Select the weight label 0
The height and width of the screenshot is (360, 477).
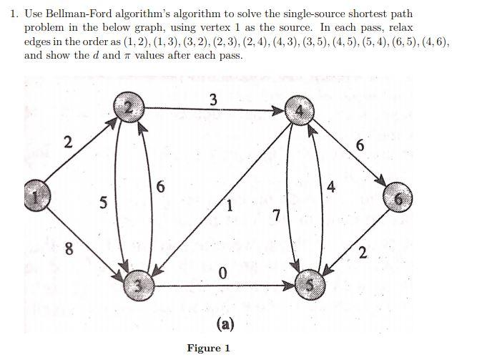tap(222, 273)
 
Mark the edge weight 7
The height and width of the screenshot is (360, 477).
tap(276, 215)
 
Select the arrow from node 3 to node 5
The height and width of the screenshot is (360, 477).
tap(222, 286)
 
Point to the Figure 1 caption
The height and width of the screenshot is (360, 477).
tap(208, 349)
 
